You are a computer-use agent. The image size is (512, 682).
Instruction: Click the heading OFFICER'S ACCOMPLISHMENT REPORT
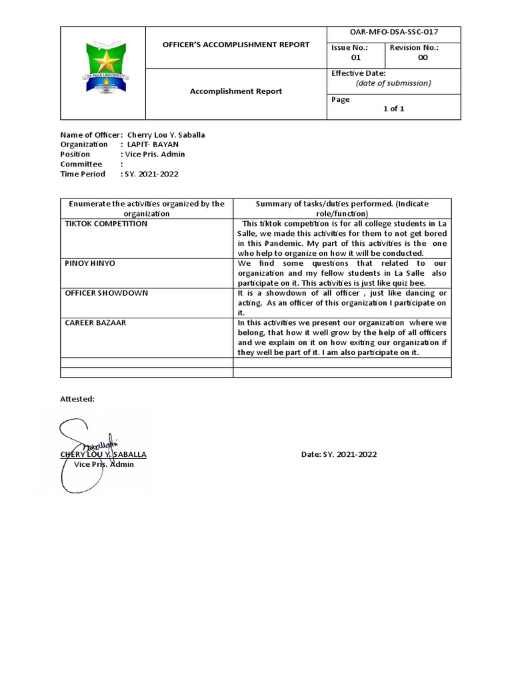pyautogui.click(x=237, y=45)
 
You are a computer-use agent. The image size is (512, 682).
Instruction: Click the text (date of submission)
pyautogui.click(x=393, y=83)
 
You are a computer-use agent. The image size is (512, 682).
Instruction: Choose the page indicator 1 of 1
pyautogui.click(x=393, y=109)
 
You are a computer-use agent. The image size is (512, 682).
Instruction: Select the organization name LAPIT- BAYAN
pyautogui.click(x=153, y=145)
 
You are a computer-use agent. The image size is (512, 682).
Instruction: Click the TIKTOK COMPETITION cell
pyautogui.click(x=106, y=224)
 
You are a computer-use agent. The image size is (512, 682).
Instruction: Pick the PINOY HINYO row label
pyautogui.click(x=90, y=263)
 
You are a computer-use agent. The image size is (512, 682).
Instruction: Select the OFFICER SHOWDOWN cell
pyautogui.click(x=106, y=293)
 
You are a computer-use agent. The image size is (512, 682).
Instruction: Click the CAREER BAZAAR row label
pyautogui.click(x=95, y=322)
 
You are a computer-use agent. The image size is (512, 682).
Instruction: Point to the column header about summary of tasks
pyautogui.click(x=342, y=208)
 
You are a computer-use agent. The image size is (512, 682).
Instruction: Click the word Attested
pyautogui.click(x=77, y=398)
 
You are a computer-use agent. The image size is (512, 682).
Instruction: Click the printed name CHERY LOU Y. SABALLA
pyautogui.click(x=103, y=454)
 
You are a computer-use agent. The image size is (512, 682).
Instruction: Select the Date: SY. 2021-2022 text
pyautogui.click(x=339, y=454)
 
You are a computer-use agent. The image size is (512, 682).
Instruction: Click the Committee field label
pyautogui.click(x=81, y=164)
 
